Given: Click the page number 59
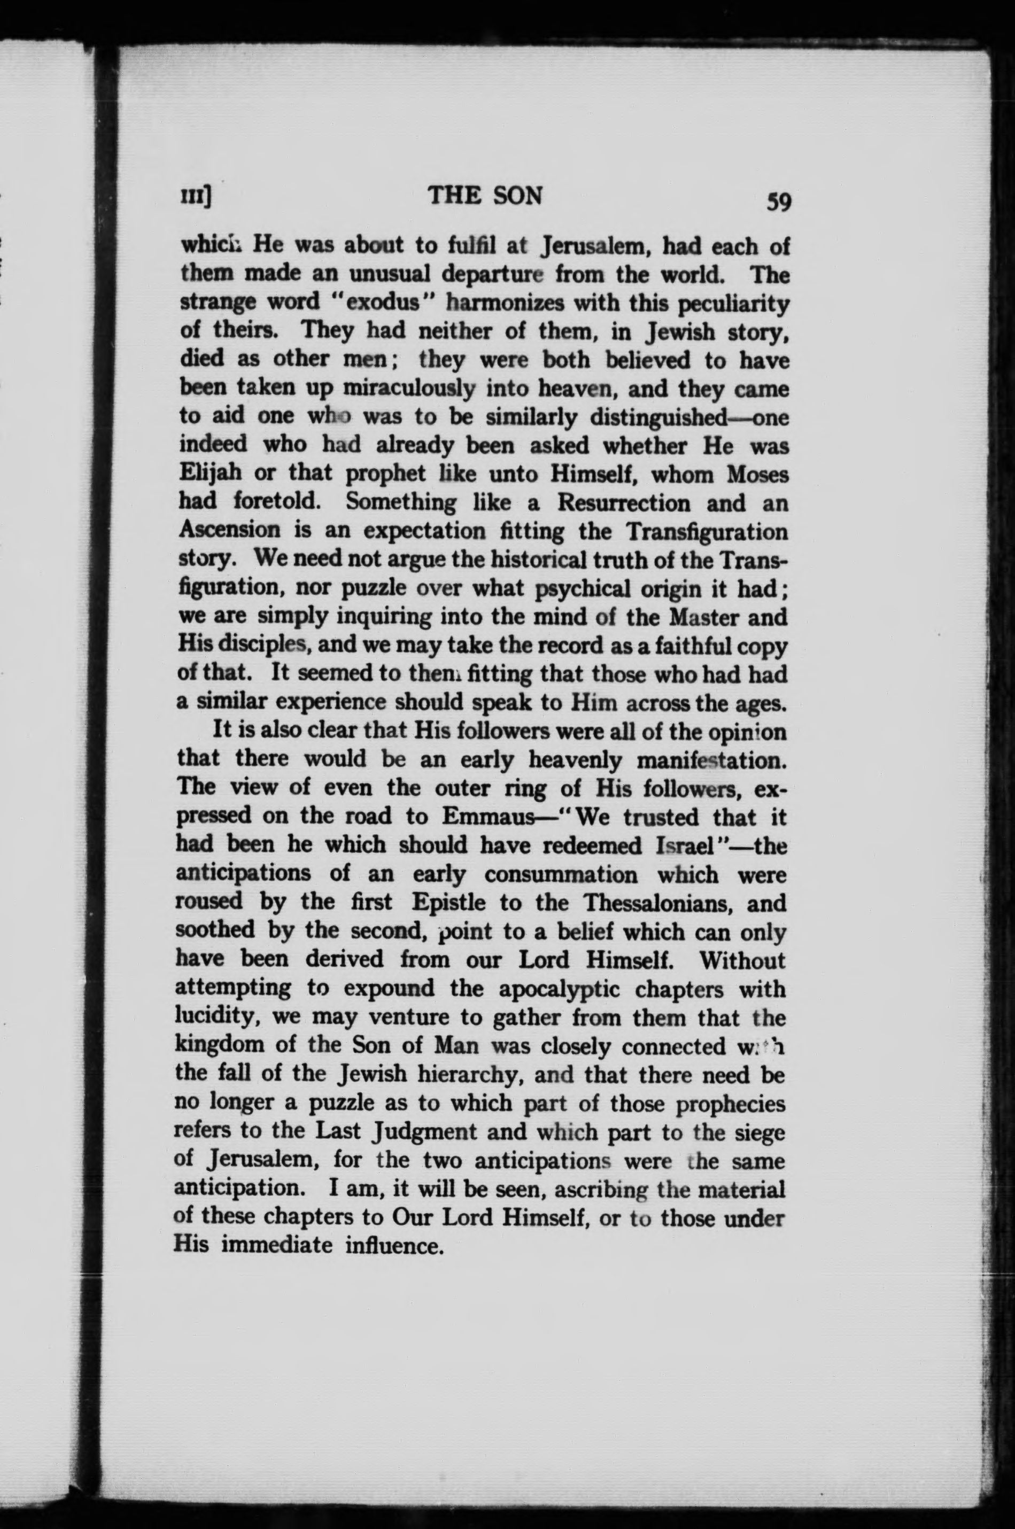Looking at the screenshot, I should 778,202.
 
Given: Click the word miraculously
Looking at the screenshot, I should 408,387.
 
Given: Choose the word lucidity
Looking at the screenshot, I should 218,1017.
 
